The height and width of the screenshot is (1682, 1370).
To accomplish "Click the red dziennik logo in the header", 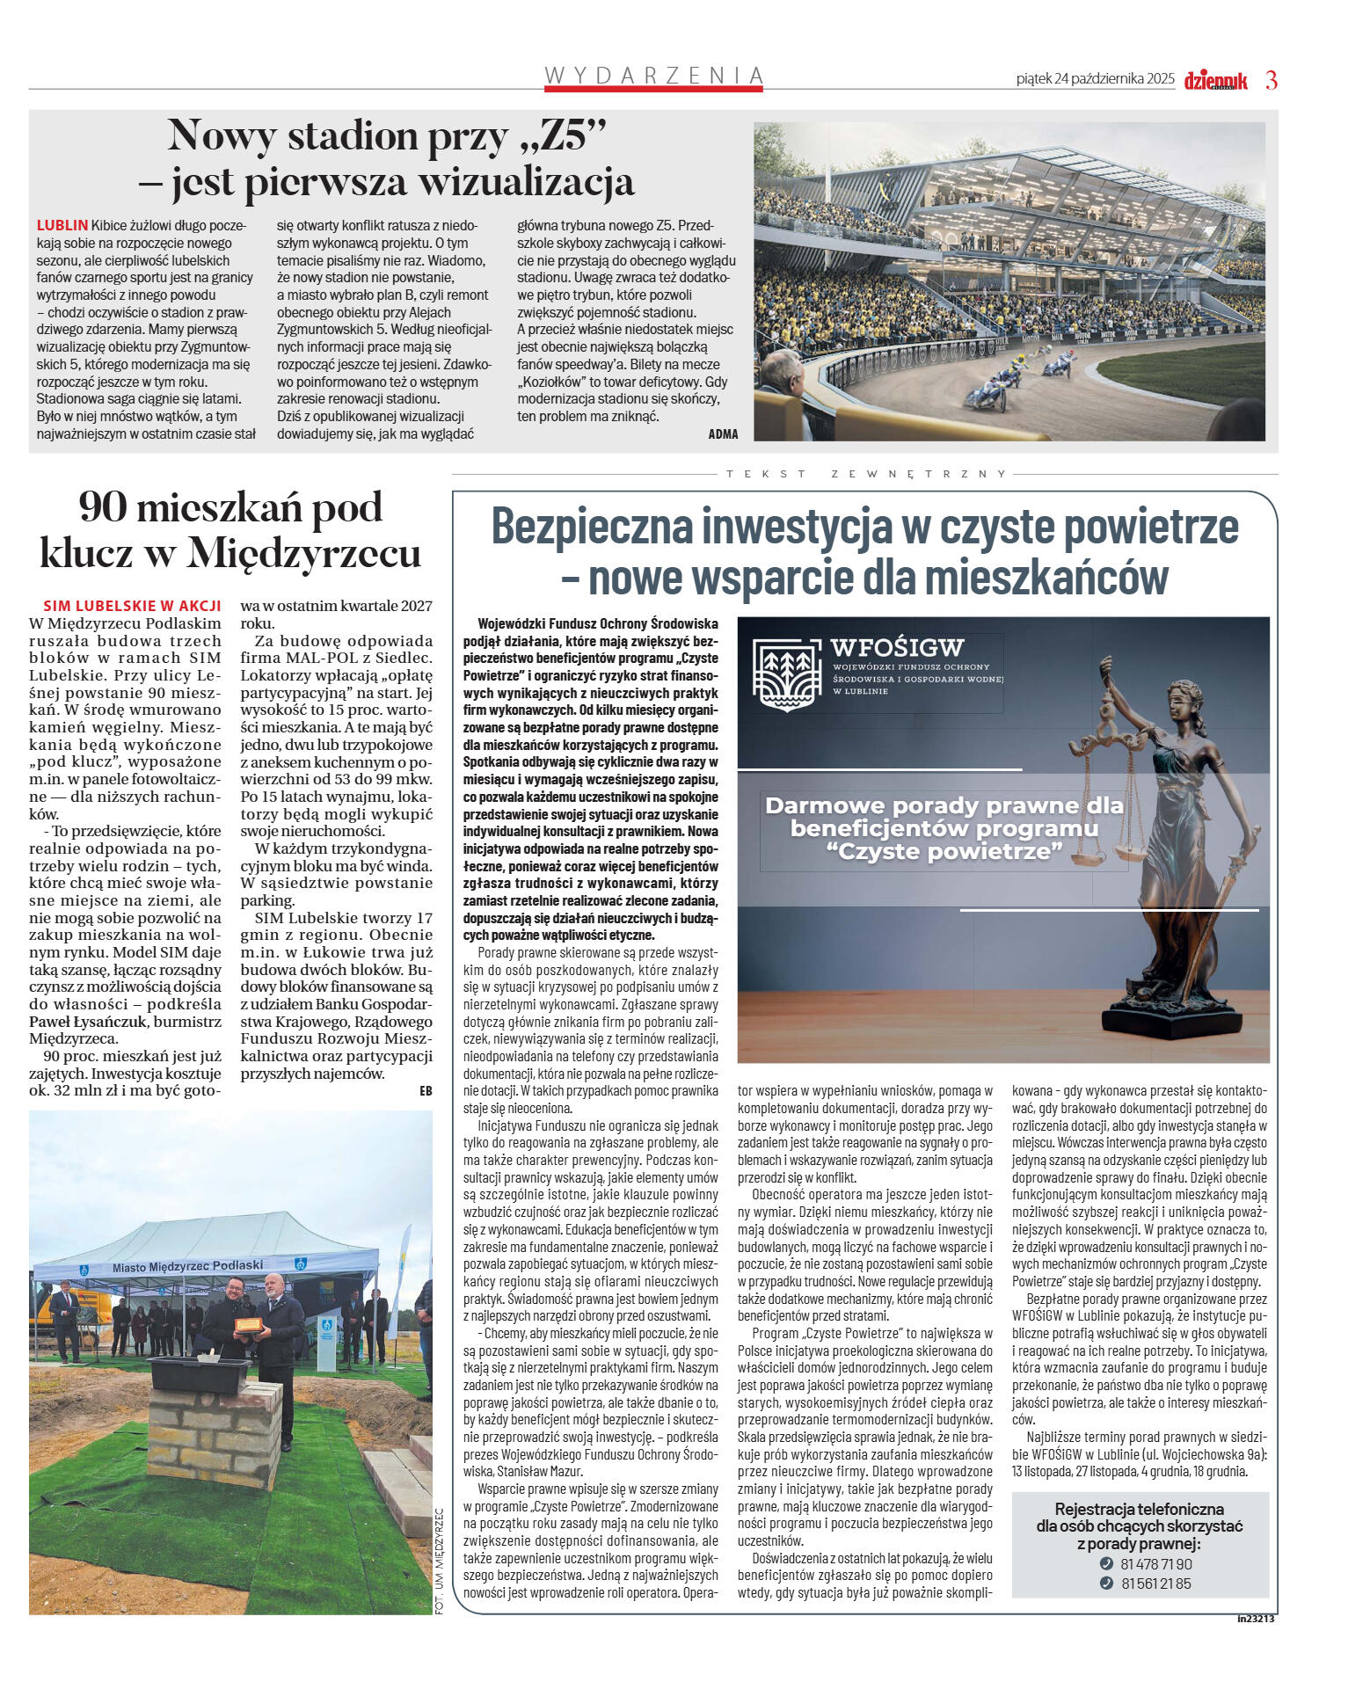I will click(x=1215, y=81).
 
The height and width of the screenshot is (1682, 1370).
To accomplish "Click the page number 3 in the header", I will click(x=1271, y=80).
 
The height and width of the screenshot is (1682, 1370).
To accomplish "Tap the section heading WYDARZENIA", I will click(x=653, y=76).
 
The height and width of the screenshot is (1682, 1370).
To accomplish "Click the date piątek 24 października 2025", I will click(x=1095, y=79).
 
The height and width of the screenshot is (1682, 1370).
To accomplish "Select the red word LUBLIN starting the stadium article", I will click(x=62, y=225).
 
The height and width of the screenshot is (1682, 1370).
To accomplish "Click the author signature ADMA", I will click(x=723, y=433).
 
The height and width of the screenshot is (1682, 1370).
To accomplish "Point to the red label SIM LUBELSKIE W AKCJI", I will click(x=132, y=606).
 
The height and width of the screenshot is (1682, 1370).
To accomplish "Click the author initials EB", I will click(x=426, y=1091).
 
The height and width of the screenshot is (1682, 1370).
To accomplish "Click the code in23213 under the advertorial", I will click(x=1255, y=1618).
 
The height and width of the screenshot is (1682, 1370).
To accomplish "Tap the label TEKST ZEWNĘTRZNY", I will click(x=866, y=474).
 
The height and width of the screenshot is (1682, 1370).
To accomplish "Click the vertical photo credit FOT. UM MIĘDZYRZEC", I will click(x=440, y=1560).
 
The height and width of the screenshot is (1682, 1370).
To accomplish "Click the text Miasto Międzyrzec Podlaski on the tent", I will click(x=187, y=1266).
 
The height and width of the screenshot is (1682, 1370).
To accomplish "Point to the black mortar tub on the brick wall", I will click(x=200, y=1374).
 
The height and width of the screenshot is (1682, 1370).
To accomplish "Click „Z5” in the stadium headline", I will click(x=559, y=136).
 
